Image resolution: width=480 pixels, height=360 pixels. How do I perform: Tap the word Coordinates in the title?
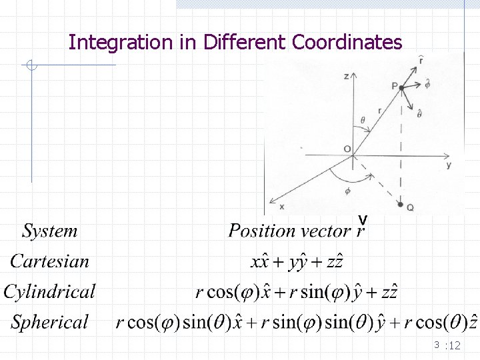[347, 43]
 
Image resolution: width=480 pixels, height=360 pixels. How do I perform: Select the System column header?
[50, 231]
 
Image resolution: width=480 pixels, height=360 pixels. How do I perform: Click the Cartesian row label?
[49, 261]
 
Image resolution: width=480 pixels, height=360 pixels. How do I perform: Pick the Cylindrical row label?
[49, 291]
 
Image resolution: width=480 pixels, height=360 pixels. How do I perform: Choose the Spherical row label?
[50, 322]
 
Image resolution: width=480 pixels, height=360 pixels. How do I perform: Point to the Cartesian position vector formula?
[297, 261]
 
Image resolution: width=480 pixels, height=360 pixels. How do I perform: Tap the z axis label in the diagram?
[345, 77]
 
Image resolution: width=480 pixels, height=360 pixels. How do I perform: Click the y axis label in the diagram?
[449, 165]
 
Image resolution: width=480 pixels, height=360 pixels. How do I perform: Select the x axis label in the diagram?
[281, 207]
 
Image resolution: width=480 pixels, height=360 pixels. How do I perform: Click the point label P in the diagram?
[394, 85]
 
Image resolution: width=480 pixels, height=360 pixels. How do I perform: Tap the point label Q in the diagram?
[410, 207]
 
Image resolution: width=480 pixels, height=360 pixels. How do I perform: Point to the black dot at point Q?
[400, 205]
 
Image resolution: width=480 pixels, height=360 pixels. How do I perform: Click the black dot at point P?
[401, 88]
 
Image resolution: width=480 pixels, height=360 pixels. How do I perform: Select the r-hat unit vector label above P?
[420, 61]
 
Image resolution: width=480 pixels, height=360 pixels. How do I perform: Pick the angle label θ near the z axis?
[362, 120]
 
